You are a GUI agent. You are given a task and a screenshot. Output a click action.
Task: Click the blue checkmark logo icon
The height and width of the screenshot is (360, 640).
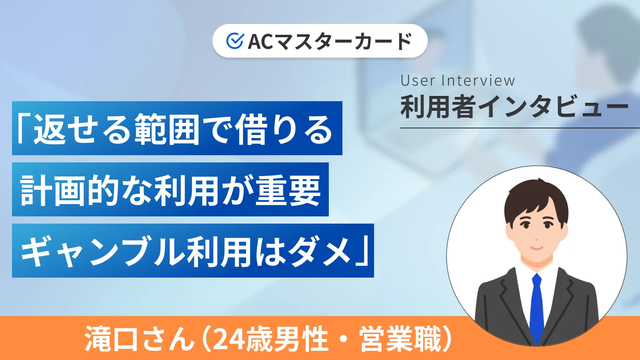click(x=235, y=41)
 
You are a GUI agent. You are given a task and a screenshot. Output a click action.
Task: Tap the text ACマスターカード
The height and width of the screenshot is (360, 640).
click(x=330, y=41)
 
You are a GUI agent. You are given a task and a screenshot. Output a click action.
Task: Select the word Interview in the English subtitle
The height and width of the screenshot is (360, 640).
click(x=478, y=81)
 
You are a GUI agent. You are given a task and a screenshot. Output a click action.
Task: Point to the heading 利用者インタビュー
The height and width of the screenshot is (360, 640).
click(x=514, y=107)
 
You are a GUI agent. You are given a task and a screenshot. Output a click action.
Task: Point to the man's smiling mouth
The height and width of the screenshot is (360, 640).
click(x=536, y=248)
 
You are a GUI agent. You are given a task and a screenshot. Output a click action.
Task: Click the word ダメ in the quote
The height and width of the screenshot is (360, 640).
click(x=320, y=251)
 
